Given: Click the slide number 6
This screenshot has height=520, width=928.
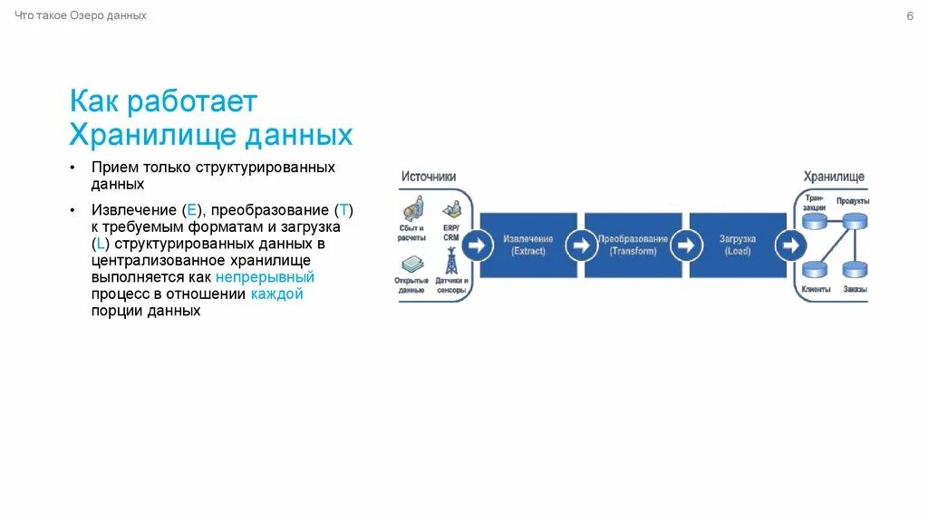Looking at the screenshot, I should pos(909,16).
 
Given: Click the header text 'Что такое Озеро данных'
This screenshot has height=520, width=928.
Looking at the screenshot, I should pos(81,16).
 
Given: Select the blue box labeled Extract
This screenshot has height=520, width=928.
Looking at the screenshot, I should pos(528,245).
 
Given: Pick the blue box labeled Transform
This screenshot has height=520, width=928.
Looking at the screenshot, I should pos(633,245).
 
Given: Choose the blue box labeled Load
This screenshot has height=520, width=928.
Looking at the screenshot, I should pos(737,245).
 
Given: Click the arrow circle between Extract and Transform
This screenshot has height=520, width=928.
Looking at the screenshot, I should pos(579,245).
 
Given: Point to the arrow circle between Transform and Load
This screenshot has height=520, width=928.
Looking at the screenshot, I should pos(685,245).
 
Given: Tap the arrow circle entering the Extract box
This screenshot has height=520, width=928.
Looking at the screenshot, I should pos(474,245).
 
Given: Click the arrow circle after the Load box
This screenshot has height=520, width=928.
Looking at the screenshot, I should pos(790,245).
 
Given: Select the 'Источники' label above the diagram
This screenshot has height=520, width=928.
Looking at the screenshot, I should pos(429,177).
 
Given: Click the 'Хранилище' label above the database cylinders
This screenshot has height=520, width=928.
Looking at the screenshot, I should pos(834,177).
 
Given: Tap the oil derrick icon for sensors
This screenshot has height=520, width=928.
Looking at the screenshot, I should pos(450,261).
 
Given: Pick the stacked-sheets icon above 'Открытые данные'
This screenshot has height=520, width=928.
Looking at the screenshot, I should pos(411,265).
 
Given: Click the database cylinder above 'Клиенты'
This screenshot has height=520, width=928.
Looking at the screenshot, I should pos(815,269).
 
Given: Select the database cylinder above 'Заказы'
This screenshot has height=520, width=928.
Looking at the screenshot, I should pos(855,269).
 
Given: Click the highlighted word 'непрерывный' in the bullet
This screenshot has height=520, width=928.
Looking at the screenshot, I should pos(265,277).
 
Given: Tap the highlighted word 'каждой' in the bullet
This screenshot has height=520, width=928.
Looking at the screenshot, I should pos(277,294).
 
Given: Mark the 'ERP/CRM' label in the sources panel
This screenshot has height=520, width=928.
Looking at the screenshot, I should pos(450,231).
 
